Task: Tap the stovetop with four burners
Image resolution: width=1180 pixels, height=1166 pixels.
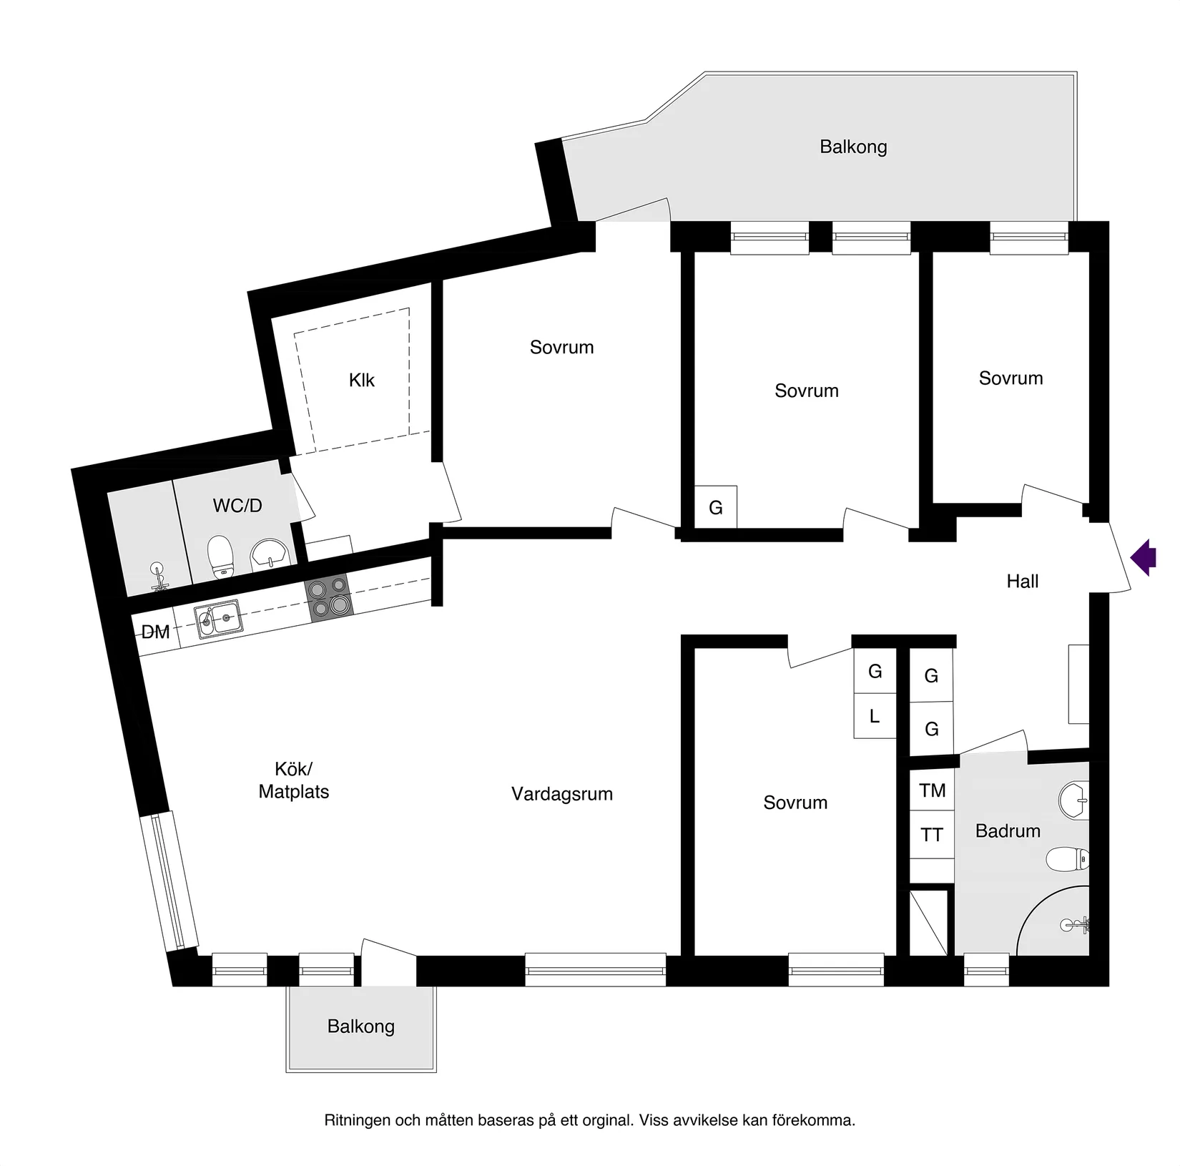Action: click(x=329, y=597)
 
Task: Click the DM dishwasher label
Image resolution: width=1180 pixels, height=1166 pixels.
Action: click(x=155, y=632)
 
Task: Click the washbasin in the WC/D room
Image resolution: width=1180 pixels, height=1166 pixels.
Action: click(x=270, y=552)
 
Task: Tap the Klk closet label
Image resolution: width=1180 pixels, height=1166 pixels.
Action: click(x=362, y=380)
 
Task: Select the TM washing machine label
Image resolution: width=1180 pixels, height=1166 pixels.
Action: click(x=932, y=790)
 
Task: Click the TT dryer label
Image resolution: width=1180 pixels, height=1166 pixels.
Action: click(x=931, y=835)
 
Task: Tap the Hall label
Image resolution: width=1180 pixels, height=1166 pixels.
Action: click(x=1022, y=582)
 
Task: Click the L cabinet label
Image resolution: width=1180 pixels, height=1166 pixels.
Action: click(x=874, y=716)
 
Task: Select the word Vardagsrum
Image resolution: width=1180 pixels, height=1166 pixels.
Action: click(x=562, y=794)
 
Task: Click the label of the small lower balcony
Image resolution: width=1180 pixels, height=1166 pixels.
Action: click(x=361, y=1027)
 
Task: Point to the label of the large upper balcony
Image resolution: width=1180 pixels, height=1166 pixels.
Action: click(x=853, y=147)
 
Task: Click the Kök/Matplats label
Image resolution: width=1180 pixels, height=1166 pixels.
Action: click(x=294, y=780)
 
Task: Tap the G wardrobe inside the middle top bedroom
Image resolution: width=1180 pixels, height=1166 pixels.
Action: click(x=715, y=508)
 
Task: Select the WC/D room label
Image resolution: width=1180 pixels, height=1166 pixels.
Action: click(x=237, y=506)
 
